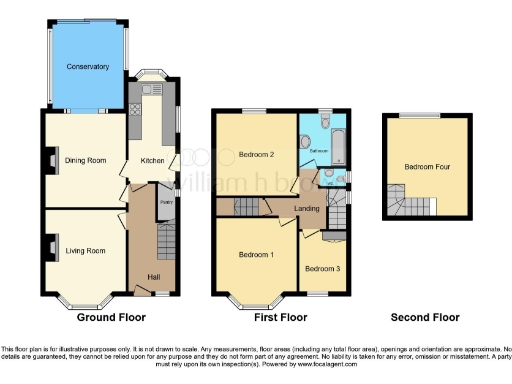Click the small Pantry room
[166, 201]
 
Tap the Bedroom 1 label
[257, 254]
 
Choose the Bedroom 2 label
[257, 154]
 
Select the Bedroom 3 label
[323, 268]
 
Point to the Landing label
[308, 207]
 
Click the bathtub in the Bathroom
[337, 142]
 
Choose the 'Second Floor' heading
[425, 317]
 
